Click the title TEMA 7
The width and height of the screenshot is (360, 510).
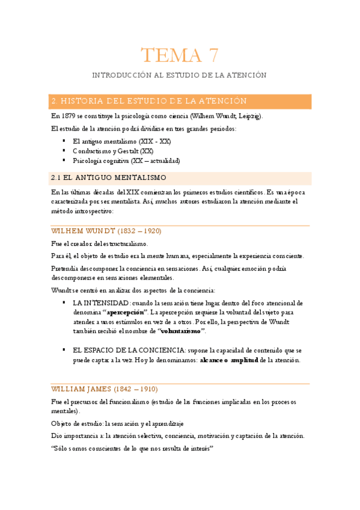(180, 55)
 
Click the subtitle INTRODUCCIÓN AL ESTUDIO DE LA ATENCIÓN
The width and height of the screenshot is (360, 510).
(180, 75)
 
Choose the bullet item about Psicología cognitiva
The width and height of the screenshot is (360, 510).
(126, 161)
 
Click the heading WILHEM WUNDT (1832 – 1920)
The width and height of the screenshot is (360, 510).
(106, 230)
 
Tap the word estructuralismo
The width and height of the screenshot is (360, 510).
(124, 244)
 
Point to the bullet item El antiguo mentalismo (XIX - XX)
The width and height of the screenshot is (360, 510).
(121, 141)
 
